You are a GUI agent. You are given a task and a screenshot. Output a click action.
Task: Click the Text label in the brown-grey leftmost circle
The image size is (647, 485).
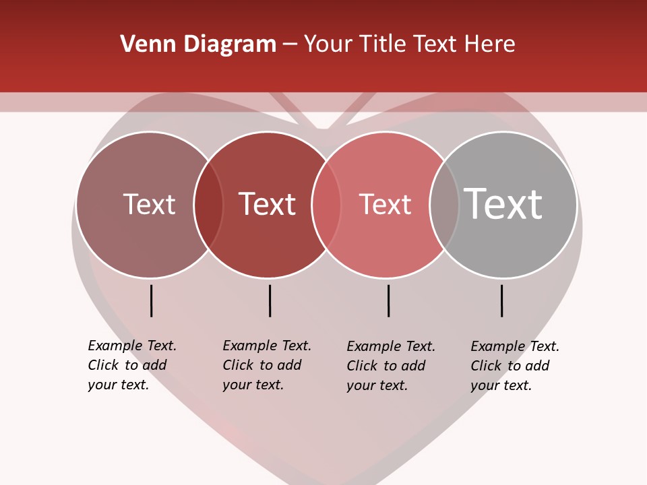coord(149,204)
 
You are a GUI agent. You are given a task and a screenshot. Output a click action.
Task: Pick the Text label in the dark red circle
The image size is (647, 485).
coord(268,204)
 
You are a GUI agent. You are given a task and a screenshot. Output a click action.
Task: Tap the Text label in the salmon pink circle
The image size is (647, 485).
coord(385,204)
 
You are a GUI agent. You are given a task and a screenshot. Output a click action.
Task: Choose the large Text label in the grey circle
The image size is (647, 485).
coord(503,204)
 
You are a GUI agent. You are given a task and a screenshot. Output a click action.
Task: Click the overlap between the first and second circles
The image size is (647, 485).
coord(208,205)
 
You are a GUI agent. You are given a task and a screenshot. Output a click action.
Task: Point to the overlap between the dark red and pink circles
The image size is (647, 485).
coord(326,205)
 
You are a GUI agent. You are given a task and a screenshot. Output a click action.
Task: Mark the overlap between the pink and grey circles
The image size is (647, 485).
coord(444,205)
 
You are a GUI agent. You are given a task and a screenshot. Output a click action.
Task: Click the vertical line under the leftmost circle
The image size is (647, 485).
coord(152,300)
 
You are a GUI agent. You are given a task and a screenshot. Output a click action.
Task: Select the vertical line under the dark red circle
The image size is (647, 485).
coord(270,300)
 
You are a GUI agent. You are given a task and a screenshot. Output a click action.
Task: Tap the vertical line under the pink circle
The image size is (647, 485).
coord(388,300)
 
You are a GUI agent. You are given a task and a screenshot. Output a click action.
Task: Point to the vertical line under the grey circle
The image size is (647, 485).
coord(502,300)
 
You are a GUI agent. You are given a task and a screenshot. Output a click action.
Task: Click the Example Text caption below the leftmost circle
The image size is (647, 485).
coord(132,365)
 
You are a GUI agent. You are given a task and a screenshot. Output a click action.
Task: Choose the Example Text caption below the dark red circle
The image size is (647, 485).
coord(267,365)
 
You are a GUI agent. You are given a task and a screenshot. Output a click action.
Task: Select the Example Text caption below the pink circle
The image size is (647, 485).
coord(391,366)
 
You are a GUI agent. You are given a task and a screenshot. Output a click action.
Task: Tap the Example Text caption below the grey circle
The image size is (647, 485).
coord(515,366)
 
